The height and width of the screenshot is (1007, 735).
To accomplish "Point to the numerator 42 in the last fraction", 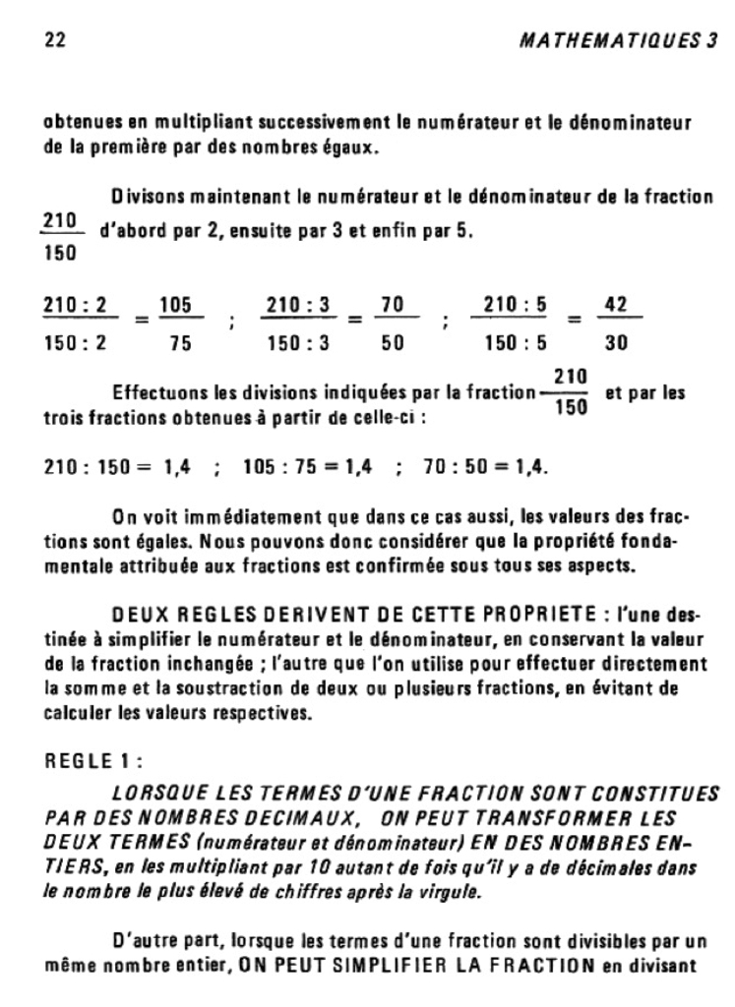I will (616, 306).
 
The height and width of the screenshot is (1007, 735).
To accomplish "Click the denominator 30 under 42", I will (616, 344).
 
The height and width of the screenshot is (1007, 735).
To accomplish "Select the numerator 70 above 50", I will (394, 306).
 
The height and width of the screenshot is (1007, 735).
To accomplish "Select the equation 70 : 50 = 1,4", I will (485, 467).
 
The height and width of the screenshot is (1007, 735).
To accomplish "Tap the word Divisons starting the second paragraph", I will (146, 197).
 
